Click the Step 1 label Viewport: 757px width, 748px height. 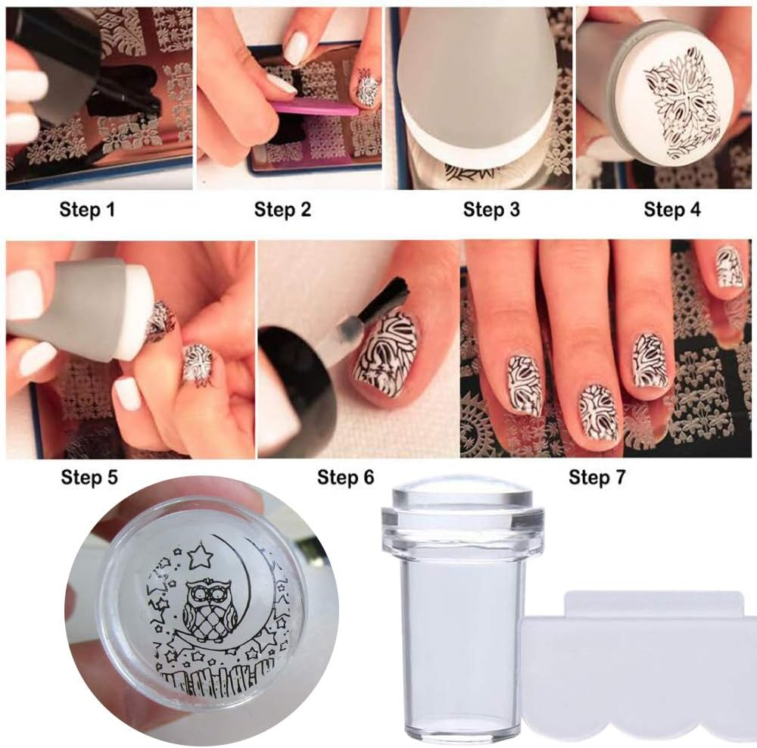[87, 210]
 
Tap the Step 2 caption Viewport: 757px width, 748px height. [282, 210]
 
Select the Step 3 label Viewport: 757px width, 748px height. [491, 210]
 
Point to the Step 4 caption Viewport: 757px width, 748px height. [672, 210]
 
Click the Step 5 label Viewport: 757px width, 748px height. [89, 478]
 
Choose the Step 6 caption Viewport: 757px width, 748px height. [346, 478]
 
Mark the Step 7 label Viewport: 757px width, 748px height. [598, 478]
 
